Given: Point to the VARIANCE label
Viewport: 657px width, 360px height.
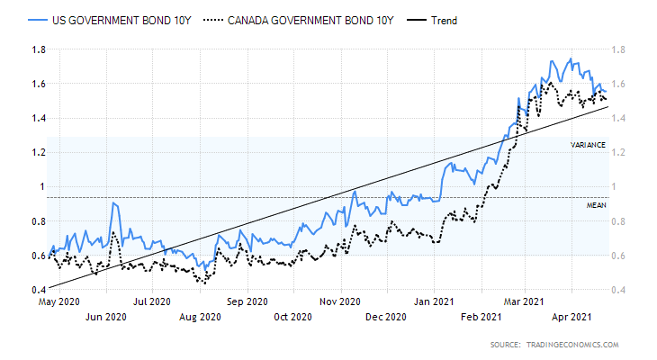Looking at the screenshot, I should [588, 145].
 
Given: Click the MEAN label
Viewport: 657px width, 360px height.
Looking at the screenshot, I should [596, 205].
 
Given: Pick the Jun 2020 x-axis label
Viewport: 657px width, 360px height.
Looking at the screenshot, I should [106, 316].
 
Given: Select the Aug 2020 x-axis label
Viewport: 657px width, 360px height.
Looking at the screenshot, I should [200, 316].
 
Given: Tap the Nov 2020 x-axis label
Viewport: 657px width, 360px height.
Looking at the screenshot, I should [339, 302].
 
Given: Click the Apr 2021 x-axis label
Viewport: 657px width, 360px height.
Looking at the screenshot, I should [572, 316].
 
